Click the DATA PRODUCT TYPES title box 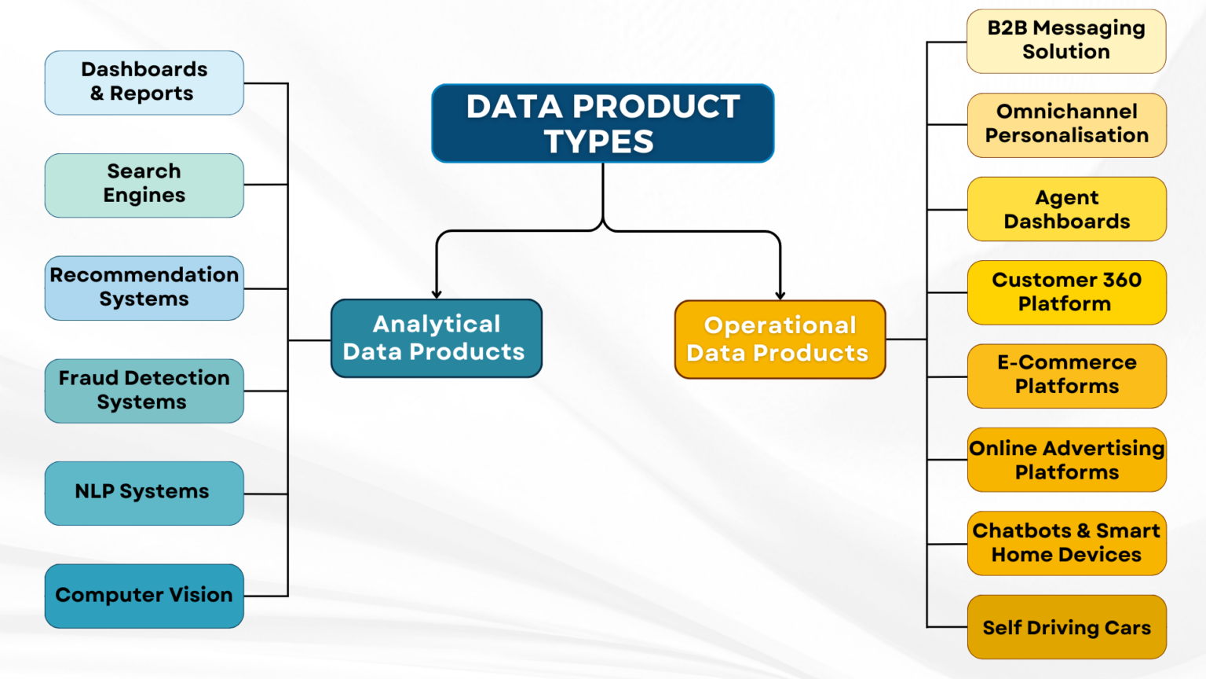602,123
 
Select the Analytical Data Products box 437,338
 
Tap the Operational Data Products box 780,339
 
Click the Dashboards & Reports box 144,83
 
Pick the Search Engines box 144,185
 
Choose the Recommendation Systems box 144,288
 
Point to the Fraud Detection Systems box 144,391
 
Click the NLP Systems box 144,493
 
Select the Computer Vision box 144,596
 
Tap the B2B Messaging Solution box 1066,41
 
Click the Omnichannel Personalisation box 1066,125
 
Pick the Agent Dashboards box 1066,209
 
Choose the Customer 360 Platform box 1066,292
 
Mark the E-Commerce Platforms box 1066,376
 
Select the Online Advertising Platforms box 1066,460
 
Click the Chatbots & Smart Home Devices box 1066,543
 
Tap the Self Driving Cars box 1066,627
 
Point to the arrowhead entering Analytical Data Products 437,294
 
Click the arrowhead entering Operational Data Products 780,295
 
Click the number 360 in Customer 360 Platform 1122,281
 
